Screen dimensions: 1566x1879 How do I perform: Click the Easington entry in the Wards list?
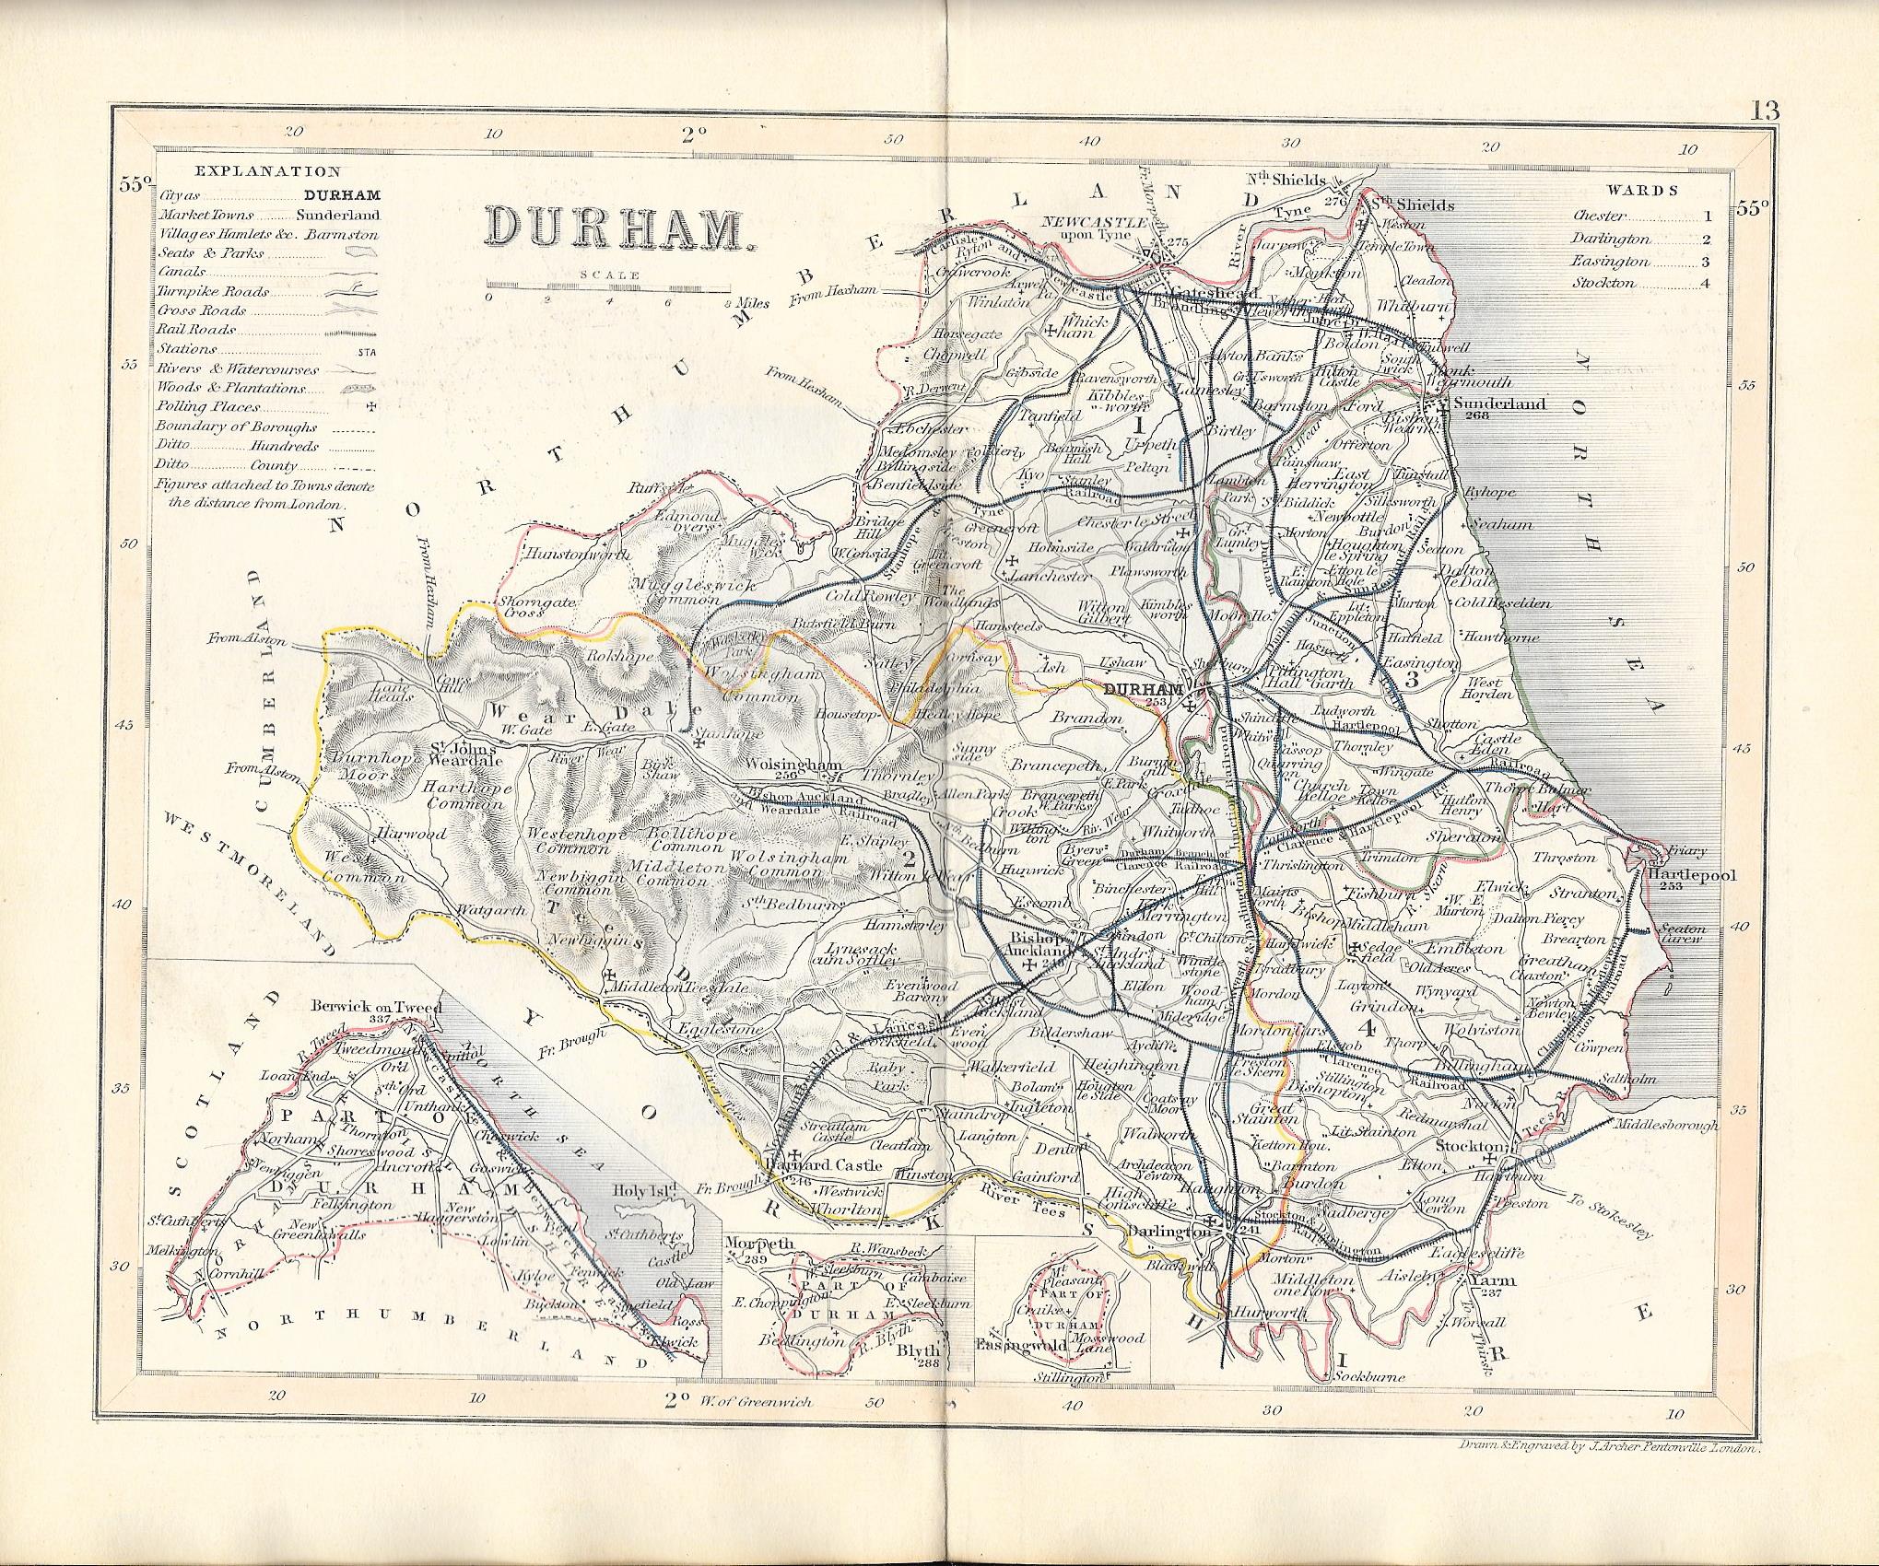(1607, 263)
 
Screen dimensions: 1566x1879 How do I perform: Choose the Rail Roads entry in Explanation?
(195, 329)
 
